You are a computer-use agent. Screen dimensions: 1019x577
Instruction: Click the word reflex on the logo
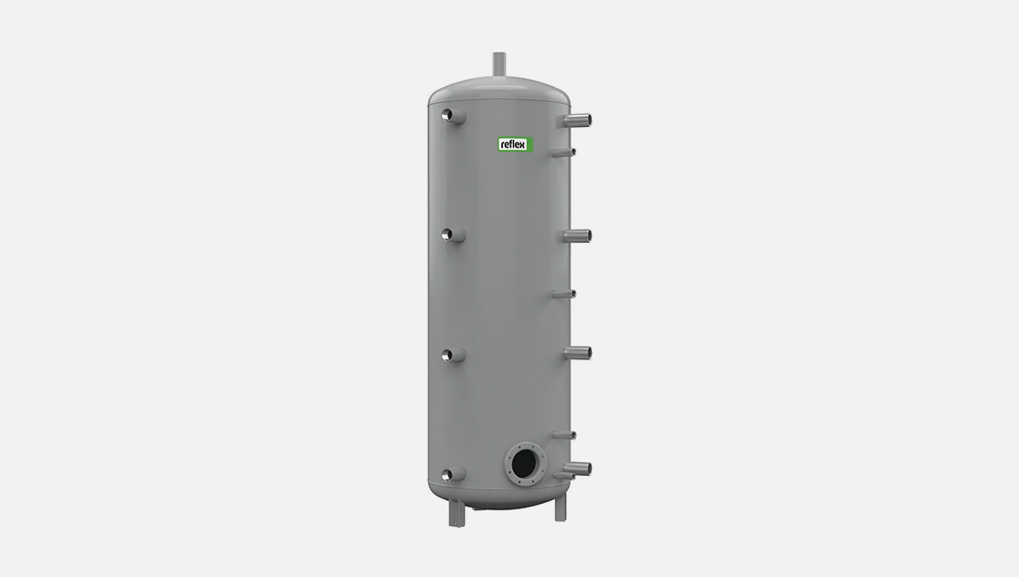513,144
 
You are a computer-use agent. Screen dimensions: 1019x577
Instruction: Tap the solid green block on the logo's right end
530,144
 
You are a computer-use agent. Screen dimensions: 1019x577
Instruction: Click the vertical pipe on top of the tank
499,64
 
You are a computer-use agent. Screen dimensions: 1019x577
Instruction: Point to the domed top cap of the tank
499,91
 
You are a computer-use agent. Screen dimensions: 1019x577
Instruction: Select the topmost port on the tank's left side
454,117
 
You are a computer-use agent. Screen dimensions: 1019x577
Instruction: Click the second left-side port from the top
454,236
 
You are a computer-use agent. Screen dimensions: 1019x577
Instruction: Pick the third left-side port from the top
454,356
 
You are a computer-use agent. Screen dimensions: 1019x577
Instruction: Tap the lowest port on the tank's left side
454,474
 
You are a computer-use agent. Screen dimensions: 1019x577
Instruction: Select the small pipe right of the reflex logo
564,152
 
